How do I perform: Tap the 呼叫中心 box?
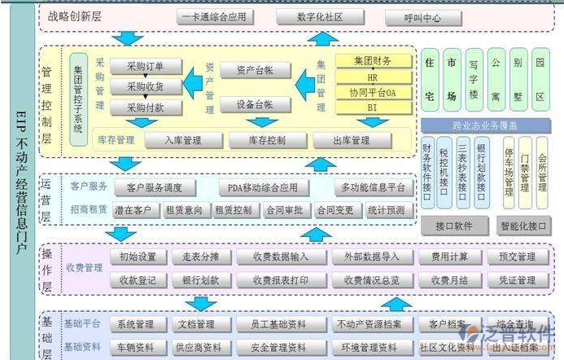(x=422, y=16)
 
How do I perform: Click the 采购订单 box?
(x=146, y=67)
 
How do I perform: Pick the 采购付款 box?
(x=146, y=107)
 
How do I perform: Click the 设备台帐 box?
(x=252, y=104)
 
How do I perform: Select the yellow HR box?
(x=373, y=77)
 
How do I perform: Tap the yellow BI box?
(x=373, y=107)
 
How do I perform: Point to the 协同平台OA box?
(x=373, y=92)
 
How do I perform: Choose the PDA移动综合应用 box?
(x=264, y=188)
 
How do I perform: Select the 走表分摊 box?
(x=201, y=257)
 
